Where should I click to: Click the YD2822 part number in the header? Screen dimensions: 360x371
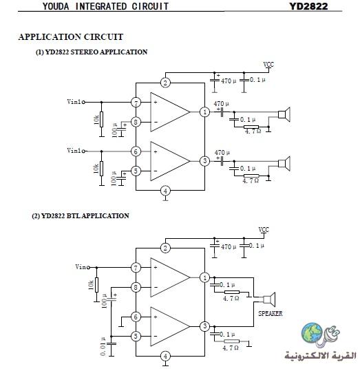[308, 6]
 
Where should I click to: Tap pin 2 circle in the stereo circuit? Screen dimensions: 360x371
[165, 83]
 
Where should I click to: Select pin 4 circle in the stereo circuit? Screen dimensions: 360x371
[165, 191]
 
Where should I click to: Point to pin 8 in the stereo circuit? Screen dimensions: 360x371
[136, 122]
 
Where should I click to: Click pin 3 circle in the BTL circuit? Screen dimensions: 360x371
[204, 326]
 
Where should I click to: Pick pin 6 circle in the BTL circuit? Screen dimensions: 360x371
[136, 317]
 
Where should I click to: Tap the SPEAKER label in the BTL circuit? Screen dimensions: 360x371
[271, 313]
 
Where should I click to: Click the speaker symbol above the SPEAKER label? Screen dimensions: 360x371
[269, 299]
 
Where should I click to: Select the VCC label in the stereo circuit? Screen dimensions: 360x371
[268, 65]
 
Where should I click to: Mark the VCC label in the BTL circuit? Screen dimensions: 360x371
[264, 230]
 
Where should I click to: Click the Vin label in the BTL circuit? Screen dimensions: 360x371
[81, 267]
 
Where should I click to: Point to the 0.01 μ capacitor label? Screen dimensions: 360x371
[103, 346]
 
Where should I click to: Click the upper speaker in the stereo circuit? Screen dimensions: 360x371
[284, 114]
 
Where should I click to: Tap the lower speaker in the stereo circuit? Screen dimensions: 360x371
[284, 164]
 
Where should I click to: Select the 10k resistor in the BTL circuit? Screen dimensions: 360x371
[96, 285]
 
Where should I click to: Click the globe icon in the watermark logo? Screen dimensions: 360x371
[312, 332]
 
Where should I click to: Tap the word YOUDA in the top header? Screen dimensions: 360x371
[56, 6]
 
